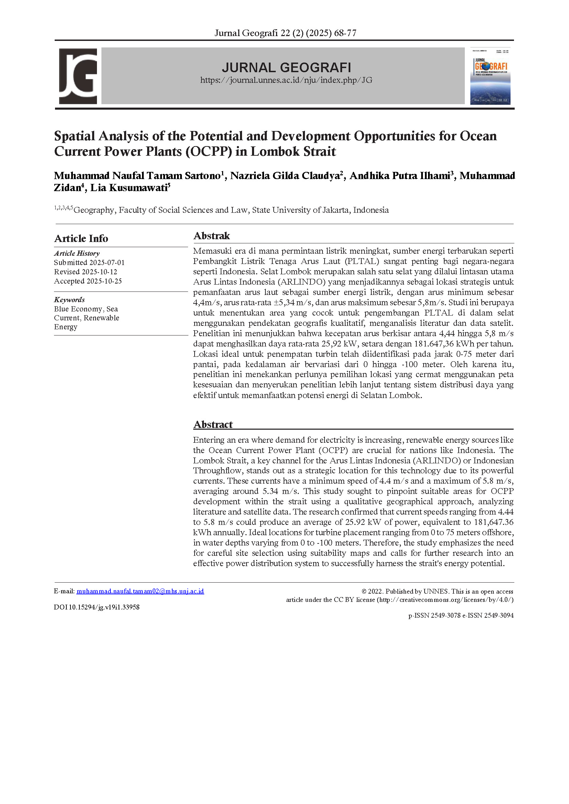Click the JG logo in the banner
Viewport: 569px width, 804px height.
click(78, 76)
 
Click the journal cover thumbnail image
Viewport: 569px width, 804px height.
click(490, 76)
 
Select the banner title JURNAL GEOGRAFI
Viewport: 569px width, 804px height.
click(286, 67)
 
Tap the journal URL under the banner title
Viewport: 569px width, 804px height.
click(286, 80)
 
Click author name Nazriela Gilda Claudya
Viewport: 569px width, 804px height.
click(285, 176)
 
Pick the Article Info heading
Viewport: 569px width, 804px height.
click(81, 239)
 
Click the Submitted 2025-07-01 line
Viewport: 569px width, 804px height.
click(89, 262)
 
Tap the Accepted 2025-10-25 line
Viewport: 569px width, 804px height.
click(88, 281)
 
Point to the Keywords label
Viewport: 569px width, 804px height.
click(69, 299)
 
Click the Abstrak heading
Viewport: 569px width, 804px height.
click(212, 236)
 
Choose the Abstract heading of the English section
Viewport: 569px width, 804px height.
click(213, 425)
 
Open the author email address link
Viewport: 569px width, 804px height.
click(140, 591)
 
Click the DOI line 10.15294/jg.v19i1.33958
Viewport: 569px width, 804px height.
click(97, 607)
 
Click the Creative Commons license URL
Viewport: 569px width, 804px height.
click(445, 599)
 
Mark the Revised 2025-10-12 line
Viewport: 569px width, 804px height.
click(86, 272)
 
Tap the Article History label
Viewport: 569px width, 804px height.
click(77, 253)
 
